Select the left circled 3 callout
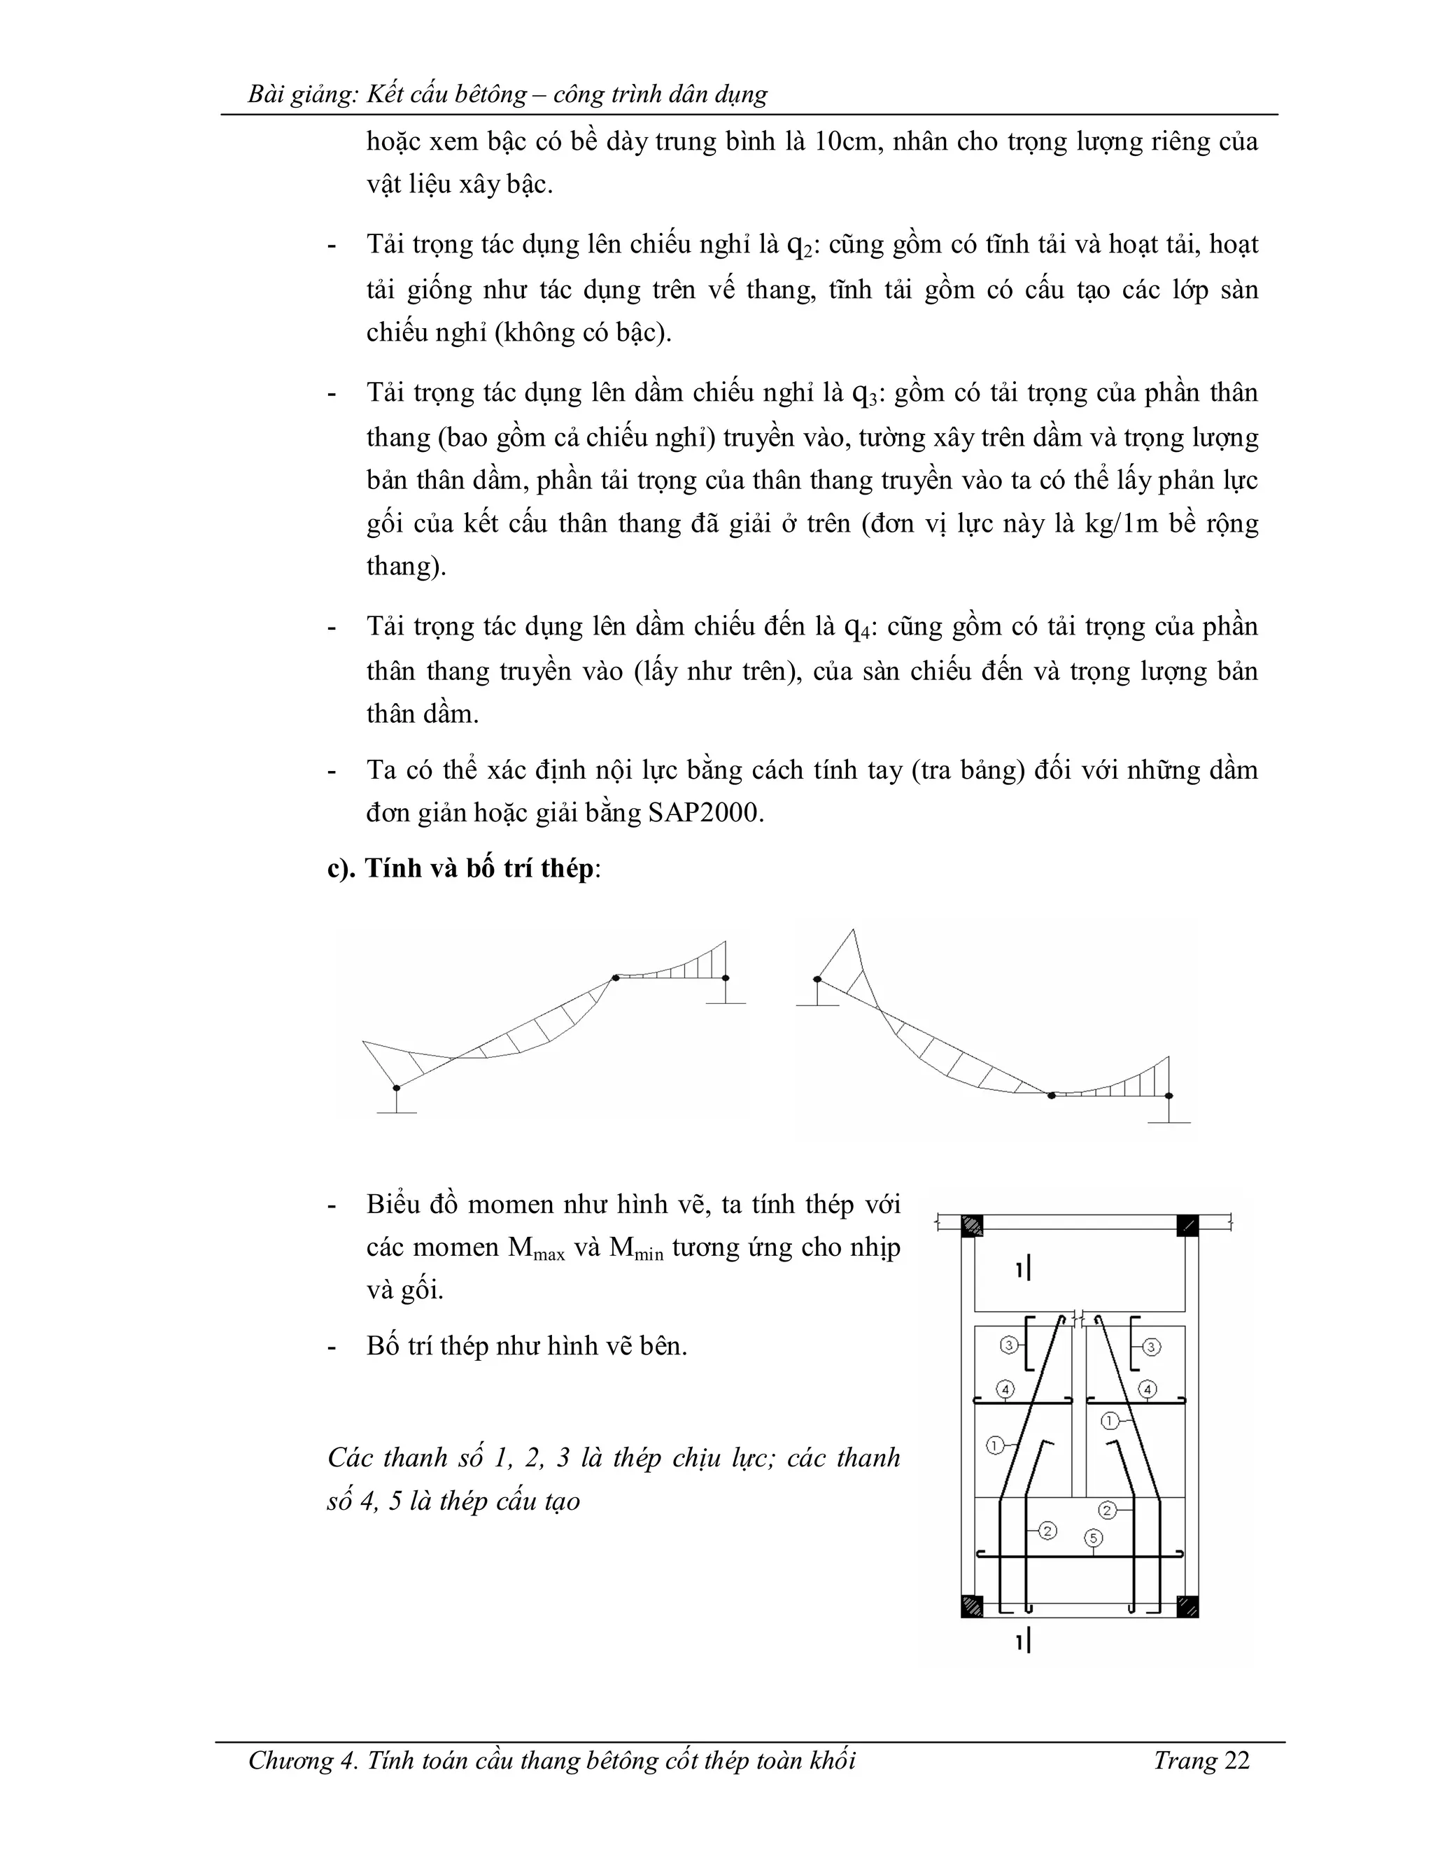(x=1008, y=1345)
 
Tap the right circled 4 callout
(x=1148, y=1389)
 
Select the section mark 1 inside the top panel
(x=1023, y=1270)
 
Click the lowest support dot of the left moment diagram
(x=397, y=1087)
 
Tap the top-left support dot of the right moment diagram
(x=817, y=979)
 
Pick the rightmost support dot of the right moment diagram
(x=1169, y=1095)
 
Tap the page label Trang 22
(x=1201, y=1761)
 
